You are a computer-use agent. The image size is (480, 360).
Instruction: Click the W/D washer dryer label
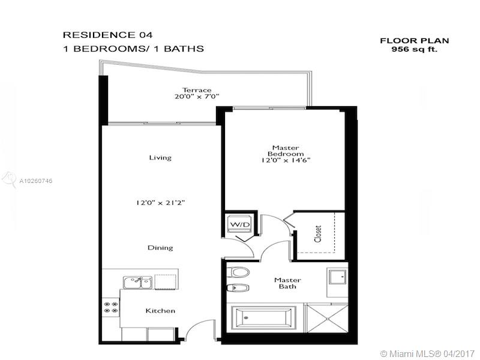tap(239, 224)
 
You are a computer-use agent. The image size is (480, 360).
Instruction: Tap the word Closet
tap(318, 234)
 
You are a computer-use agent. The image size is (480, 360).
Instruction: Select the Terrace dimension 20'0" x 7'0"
tap(197, 97)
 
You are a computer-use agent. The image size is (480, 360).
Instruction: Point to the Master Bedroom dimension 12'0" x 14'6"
tap(286, 160)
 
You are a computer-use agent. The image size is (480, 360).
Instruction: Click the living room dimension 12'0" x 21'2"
tap(160, 203)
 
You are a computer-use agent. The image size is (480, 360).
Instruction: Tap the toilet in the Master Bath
tap(239, 272)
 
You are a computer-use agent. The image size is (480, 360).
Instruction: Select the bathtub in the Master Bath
tap(263, 318)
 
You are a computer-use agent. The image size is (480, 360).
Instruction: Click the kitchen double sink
tap(138, 282)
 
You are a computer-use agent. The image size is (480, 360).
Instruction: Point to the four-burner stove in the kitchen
tap(111, 307)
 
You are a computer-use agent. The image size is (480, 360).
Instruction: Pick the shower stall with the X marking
tap(328, 319)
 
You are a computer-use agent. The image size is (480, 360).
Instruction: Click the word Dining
tap(160, 248)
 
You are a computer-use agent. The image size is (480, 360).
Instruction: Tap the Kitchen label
tap(160, 311)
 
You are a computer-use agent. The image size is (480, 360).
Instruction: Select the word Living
tap(160, 158)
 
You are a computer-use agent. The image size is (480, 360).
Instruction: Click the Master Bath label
tap(287, 283)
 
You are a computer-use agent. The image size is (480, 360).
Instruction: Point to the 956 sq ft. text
tap(415, 49)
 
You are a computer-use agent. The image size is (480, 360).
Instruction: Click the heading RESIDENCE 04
tap(107, 35)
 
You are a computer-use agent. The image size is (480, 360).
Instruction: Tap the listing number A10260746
tap(36, 181)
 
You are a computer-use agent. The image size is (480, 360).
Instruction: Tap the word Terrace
tap(197, 90)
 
